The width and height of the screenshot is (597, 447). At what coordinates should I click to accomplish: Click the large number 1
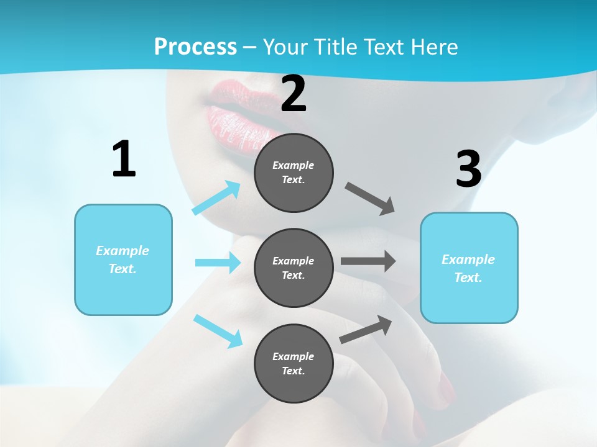(x=124, y=159)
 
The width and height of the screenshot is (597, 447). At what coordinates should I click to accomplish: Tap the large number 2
(x=294, y=94)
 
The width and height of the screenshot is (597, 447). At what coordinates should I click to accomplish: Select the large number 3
(x=468, y=169)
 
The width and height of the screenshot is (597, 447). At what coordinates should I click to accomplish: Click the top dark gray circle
(x=294, y=173)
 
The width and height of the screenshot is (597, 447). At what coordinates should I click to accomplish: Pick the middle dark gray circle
(x=294, y=268)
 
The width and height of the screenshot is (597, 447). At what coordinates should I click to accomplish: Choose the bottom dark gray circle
(x=294, y=363)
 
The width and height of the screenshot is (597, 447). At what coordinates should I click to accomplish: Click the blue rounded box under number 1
(x=123, y=260)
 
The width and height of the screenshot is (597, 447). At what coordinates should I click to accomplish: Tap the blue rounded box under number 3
(x=468, y=268)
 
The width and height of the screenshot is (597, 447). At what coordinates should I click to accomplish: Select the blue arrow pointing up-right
(x=216, y=198)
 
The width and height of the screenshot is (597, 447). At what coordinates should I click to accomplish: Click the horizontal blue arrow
(x=218, y=263)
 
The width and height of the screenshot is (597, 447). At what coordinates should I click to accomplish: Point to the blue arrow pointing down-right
(x=218, y=331)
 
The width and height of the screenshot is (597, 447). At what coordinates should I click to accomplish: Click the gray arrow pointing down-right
(x=370, y=199)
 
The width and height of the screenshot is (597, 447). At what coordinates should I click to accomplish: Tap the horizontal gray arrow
(x=368, y=261)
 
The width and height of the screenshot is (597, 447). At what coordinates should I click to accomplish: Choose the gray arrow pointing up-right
(x=366, y=330)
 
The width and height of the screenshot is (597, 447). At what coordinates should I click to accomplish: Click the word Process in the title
(x=195, y=47)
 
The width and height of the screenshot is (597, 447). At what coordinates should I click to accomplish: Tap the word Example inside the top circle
(x=294, y=165)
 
